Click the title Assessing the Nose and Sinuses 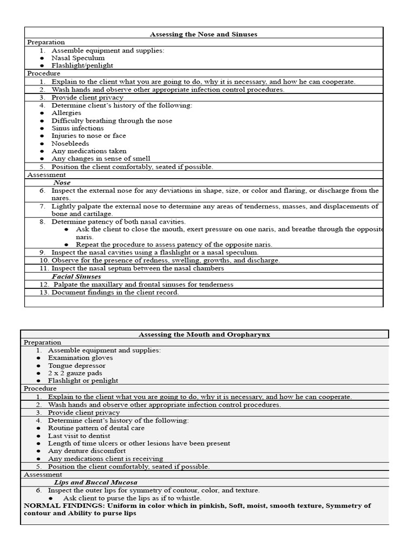tap(203, 34)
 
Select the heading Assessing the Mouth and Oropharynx tap(204, 334)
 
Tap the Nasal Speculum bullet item tap(78, 58)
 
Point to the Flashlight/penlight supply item tap(82, 65)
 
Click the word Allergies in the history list tap(66, 113)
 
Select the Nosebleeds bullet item tap(70, 144)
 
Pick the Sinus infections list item tap(78, 128)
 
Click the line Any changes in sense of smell tap(101, 159)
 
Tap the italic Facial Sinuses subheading tap(76, 276)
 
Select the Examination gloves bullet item tap(80, 358)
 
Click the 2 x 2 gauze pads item tap(75, 373)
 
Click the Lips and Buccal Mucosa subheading tap(95, 482)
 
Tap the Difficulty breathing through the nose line tap(112, 120)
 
